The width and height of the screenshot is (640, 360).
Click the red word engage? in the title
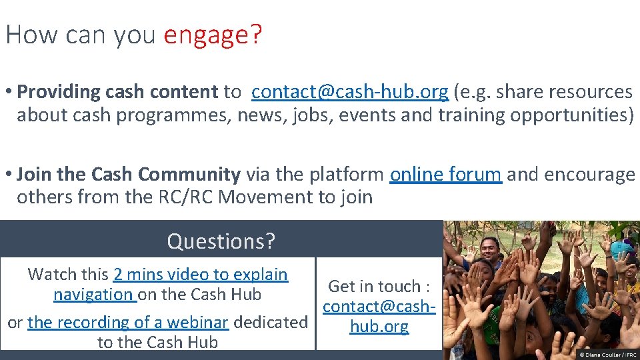coord(213,35)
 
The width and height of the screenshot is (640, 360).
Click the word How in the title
coord(26,35)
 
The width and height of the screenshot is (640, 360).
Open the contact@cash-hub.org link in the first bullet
coord(349,91)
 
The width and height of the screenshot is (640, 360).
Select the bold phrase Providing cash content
coord(118,91)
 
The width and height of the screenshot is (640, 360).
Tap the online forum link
coord(445,175)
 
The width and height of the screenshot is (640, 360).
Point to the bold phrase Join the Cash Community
coord(129,175)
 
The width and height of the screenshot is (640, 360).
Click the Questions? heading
coord(221,241)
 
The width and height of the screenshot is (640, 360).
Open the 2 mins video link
coord(200,274)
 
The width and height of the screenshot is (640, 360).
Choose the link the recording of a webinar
coord(128,322)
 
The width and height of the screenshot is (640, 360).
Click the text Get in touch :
coord(379,287)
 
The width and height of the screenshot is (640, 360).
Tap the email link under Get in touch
coord(379,317)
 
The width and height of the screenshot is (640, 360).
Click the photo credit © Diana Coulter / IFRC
coord(608,355)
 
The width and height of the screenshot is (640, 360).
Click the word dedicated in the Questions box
coord(271,322)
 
